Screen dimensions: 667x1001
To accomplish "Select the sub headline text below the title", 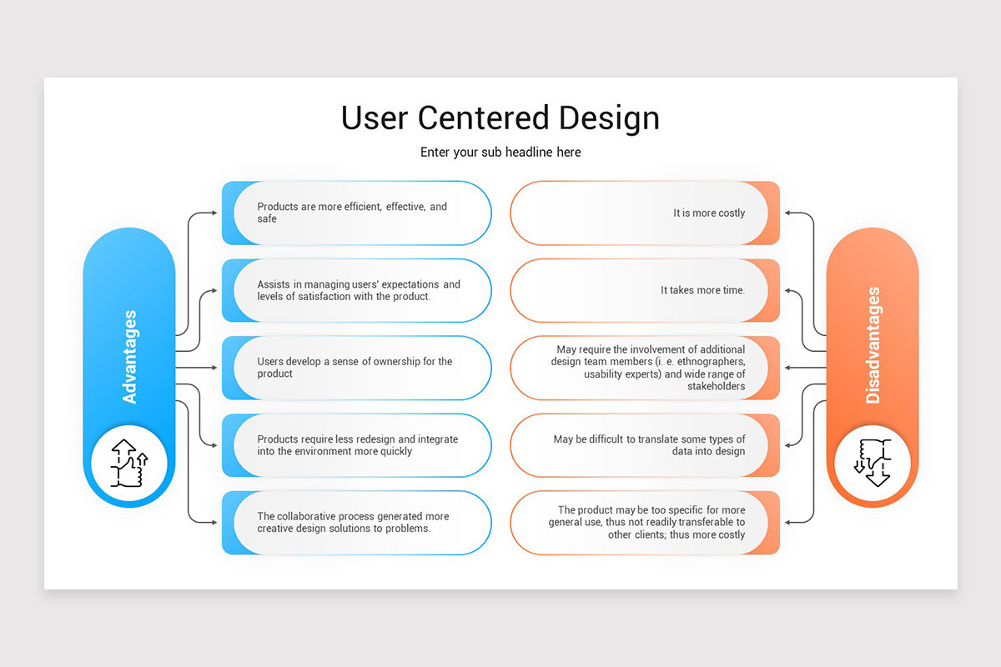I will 500,152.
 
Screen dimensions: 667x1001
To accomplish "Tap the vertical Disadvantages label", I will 873,345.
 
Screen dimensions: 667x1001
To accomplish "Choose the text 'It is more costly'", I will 709,213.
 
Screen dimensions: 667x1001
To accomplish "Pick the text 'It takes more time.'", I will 702,290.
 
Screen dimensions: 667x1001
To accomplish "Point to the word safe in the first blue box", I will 267,219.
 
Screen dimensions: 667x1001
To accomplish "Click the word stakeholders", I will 717,387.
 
